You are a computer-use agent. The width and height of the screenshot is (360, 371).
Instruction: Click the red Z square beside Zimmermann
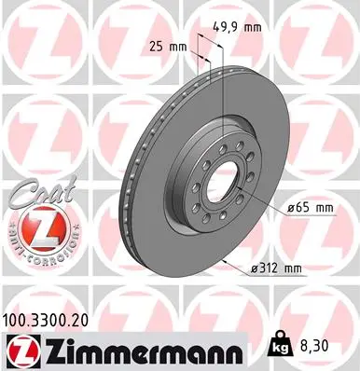[x=20, y=349]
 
